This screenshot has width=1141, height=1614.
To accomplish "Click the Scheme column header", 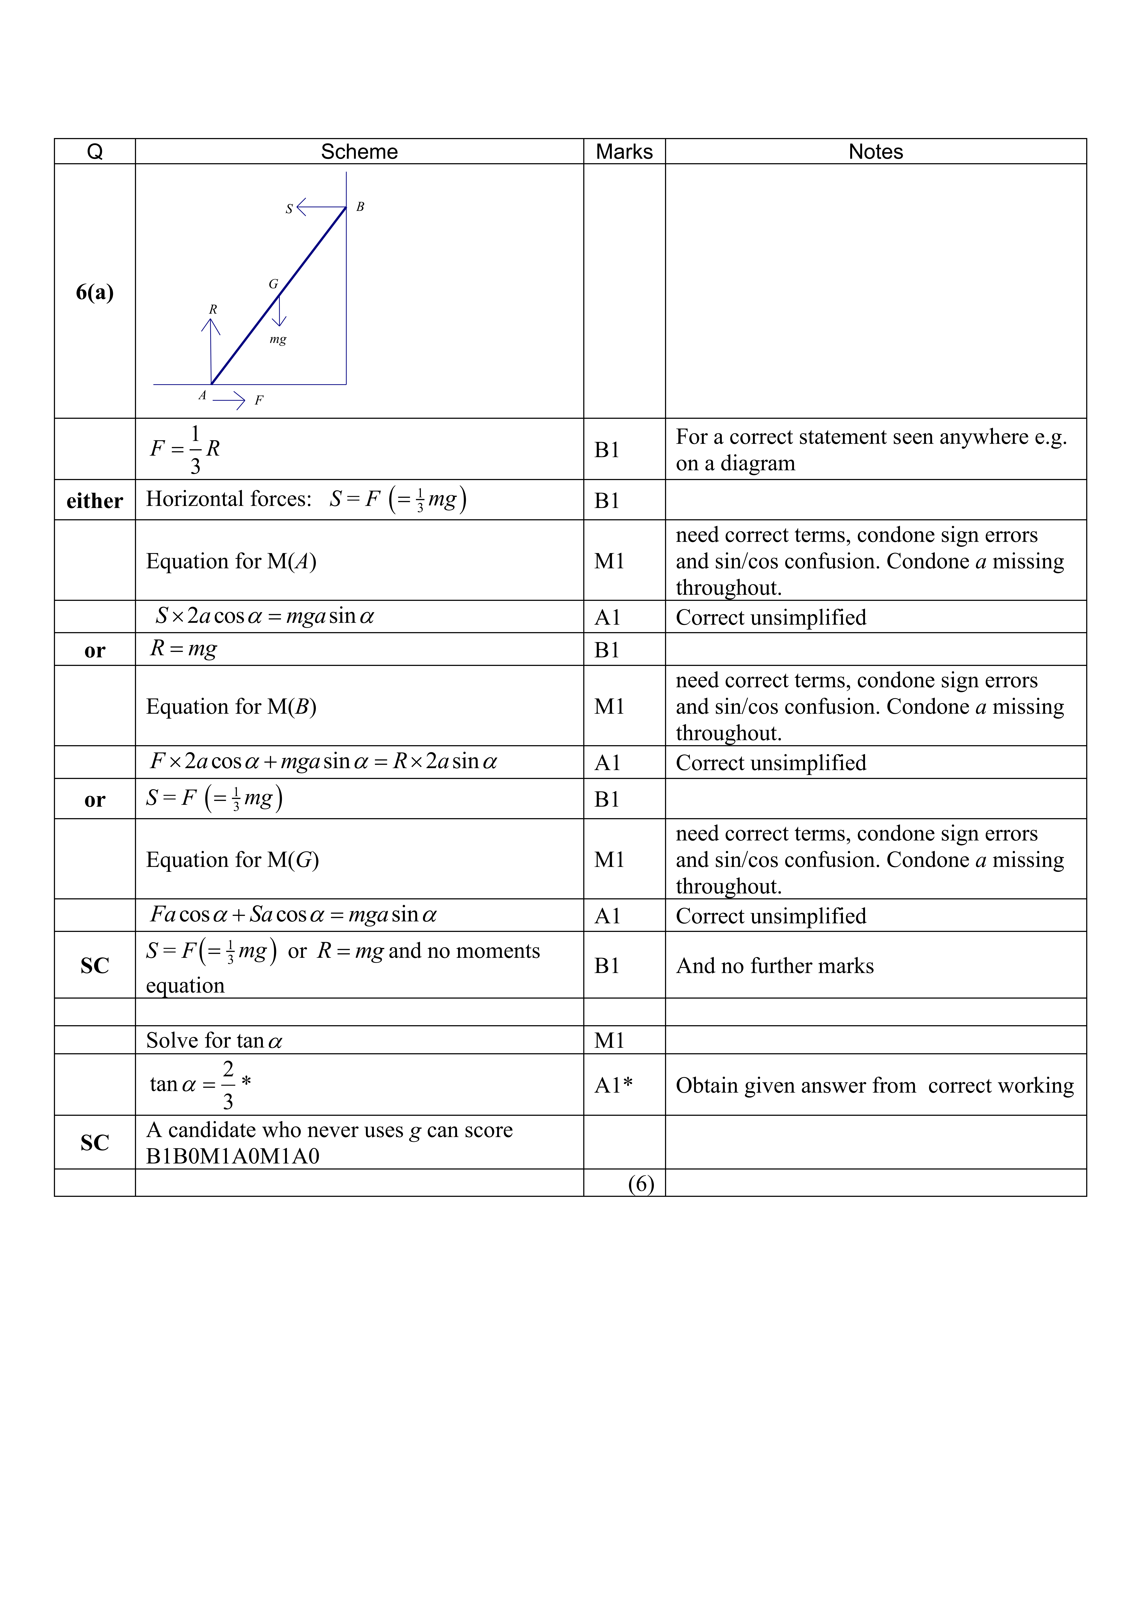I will (359, 152).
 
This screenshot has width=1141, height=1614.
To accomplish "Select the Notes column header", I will (875, 152).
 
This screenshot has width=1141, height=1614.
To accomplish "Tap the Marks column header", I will (624, 152).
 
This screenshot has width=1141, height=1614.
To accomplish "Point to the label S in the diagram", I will (289, 209).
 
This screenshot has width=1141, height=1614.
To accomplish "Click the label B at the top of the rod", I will (360, 207).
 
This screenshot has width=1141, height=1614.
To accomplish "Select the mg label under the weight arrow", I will (278, 340).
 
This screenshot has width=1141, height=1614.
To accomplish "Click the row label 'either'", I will (95, 501).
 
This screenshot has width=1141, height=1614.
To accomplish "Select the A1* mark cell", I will (613, 1085).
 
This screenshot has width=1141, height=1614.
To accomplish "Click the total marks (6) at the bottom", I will (641, 1184).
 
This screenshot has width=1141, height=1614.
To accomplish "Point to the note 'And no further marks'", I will (775, 966).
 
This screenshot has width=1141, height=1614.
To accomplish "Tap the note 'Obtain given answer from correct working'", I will (875, 1085).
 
